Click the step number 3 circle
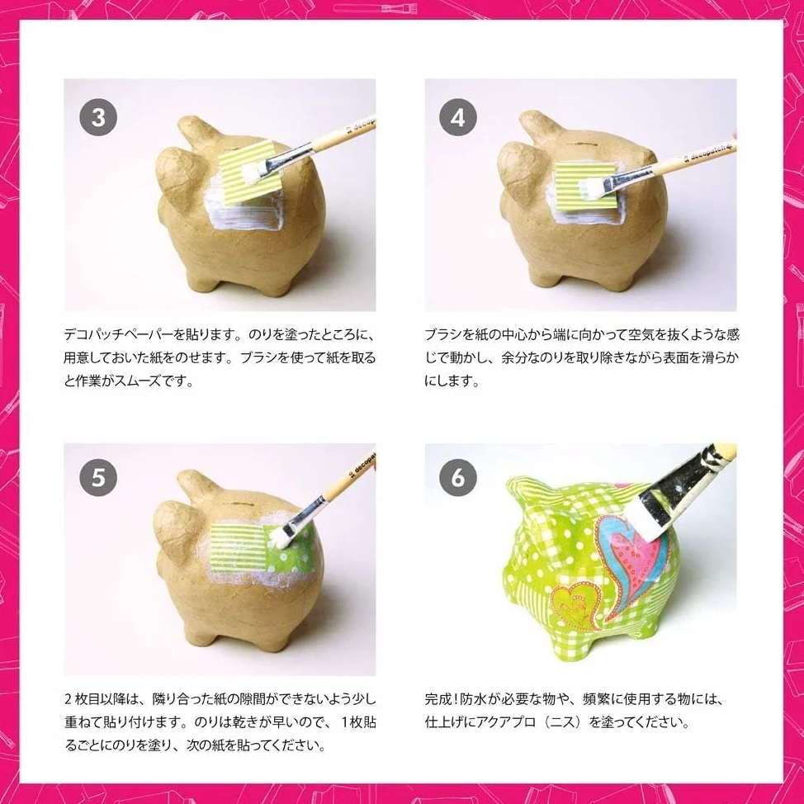click(x=98, y=117)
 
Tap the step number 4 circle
click(x=458, y=117)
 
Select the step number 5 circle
click(x=98, y=477)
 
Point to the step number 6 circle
click(x=458, y=477)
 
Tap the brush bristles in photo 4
click(x=590, y=187)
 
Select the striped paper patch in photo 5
click(x=237, y=547)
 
